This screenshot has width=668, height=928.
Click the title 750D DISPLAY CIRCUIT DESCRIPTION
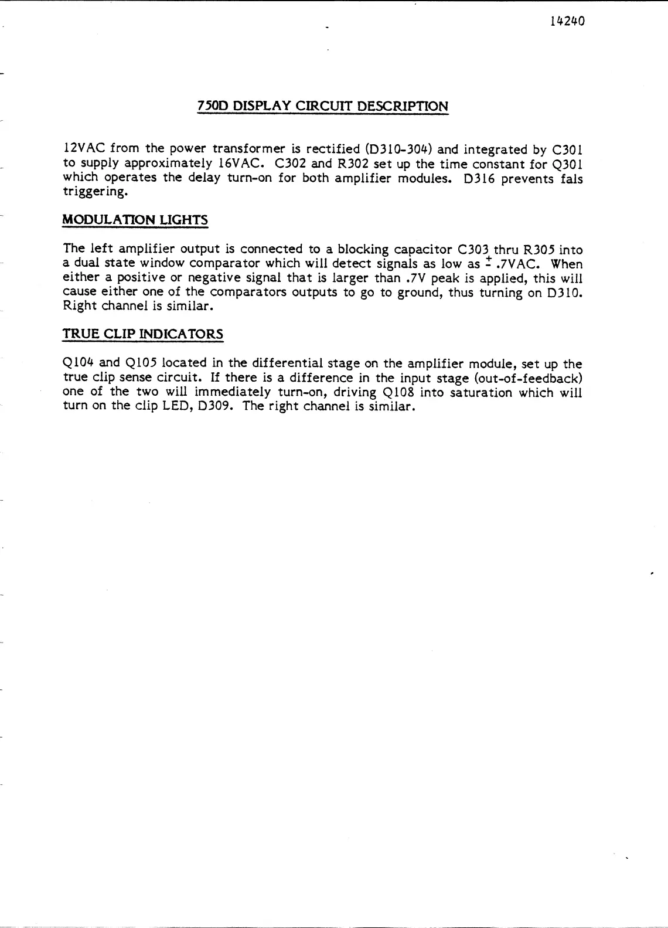323,107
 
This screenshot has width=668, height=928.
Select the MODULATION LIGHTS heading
135,220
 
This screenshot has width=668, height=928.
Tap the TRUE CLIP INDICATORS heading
143,334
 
